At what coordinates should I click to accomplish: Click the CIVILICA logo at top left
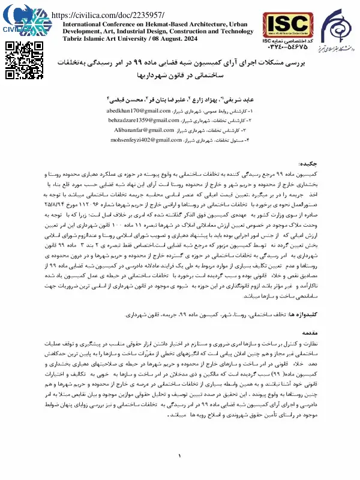click(x=21, y=19)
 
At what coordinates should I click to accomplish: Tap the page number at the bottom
click(x=179, y=458)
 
